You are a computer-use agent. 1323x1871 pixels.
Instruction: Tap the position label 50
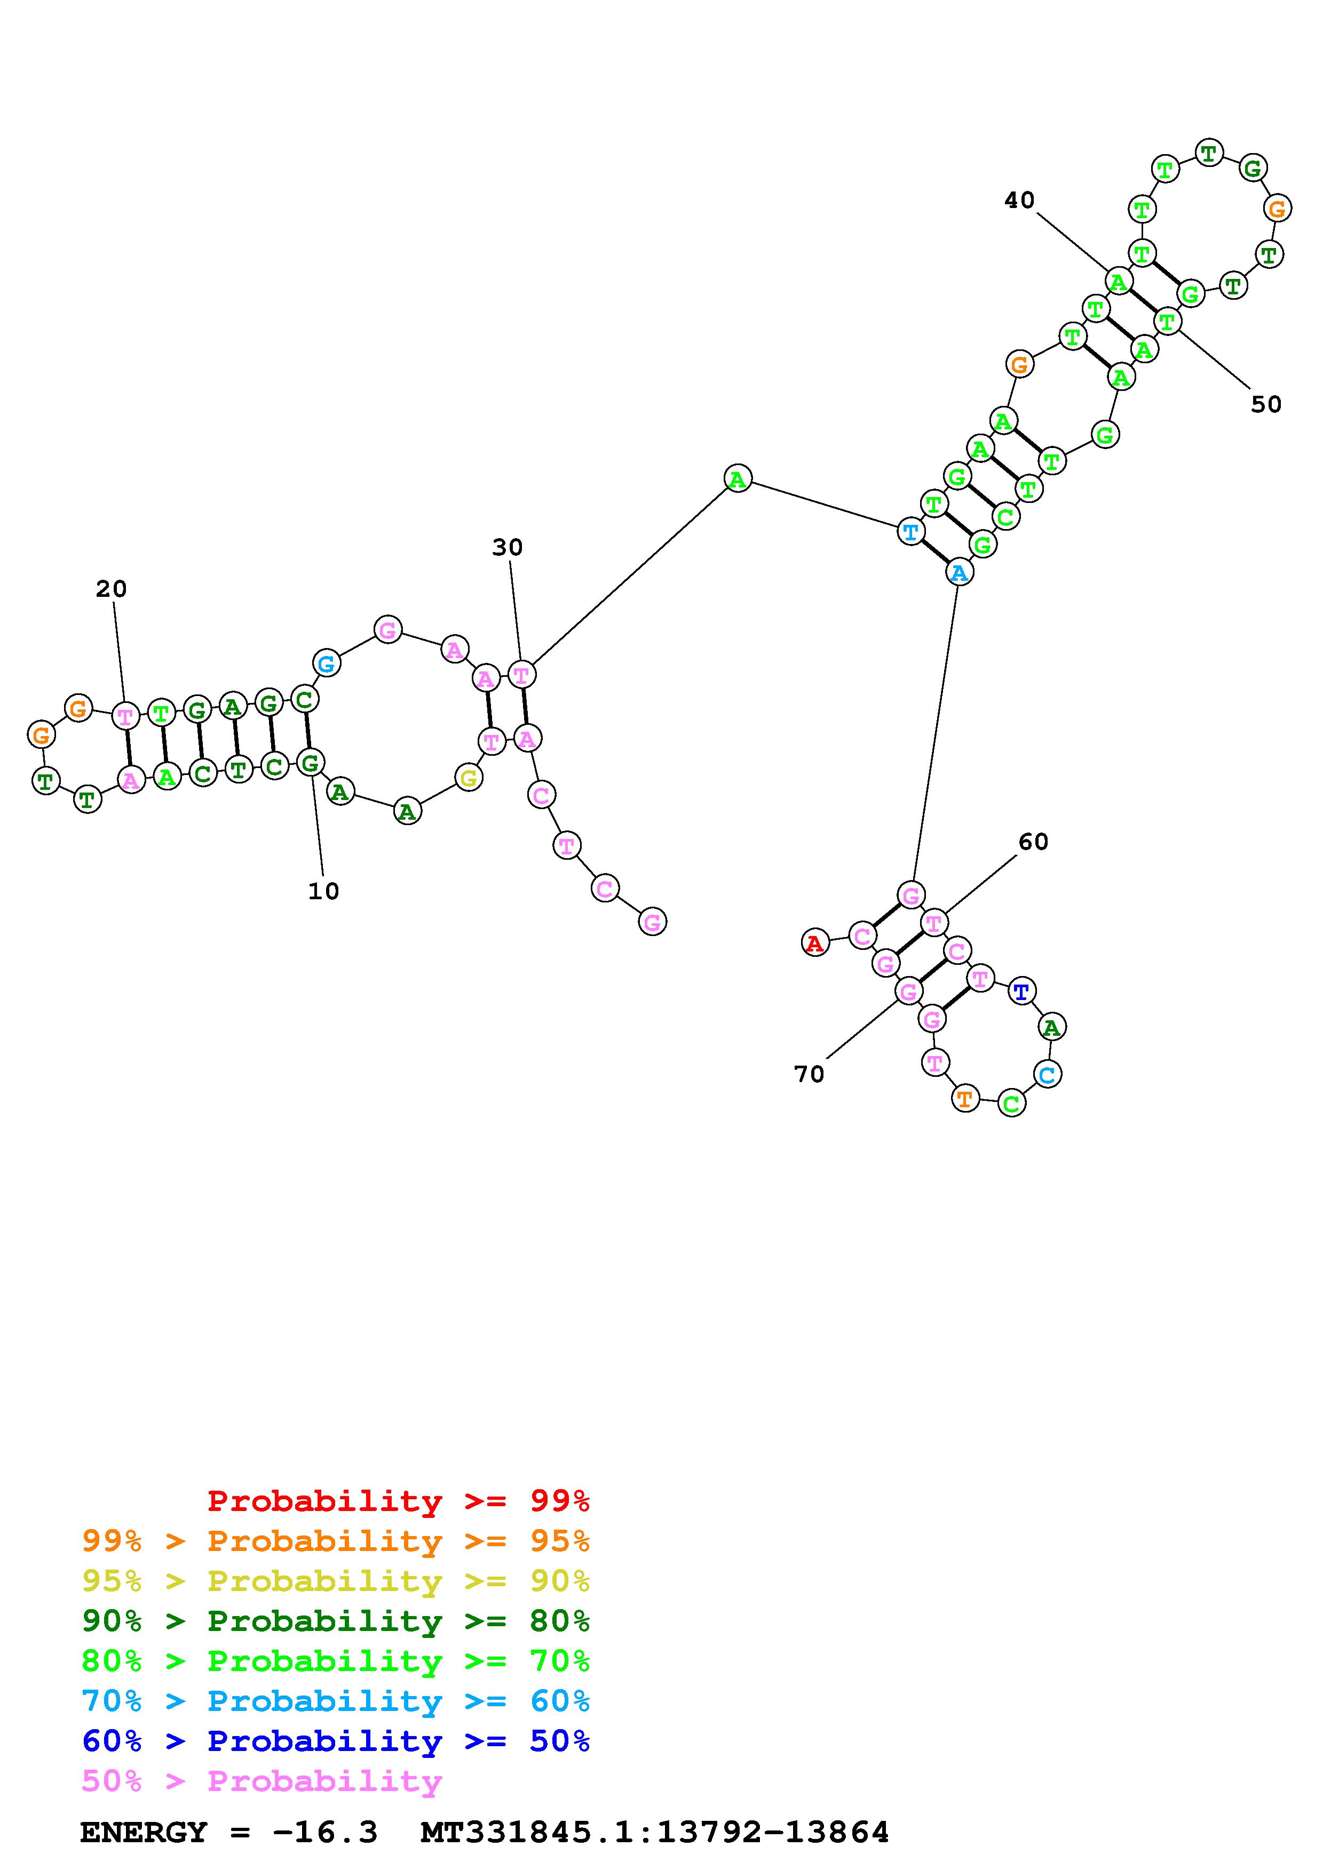coord(1265,404)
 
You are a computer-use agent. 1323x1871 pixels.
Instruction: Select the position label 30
coord(507,548)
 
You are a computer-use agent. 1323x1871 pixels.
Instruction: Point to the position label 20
coord(112,588)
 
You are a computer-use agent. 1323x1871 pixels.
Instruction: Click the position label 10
coord(323,891)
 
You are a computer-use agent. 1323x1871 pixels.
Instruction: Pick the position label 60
coord(1033,842)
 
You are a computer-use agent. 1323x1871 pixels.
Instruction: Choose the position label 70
coord(810,1074)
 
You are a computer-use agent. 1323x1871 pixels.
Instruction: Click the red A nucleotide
coord(814,944)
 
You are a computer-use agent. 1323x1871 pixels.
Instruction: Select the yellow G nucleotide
coord(469,778)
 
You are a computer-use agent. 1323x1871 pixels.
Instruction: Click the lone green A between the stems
coord(738,478)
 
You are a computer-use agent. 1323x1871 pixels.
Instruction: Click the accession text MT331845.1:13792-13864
coord(655,1833)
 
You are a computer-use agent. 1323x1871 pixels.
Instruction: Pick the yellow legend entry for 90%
coord(336,1581)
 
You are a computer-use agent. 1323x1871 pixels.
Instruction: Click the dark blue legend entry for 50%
coord(336,1741)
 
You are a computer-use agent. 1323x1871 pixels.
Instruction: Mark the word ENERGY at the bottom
coord(144,1833)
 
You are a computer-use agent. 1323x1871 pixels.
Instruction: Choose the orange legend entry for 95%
coord(336,1541)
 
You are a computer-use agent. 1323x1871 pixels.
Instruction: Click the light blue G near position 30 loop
coord(326,663)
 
